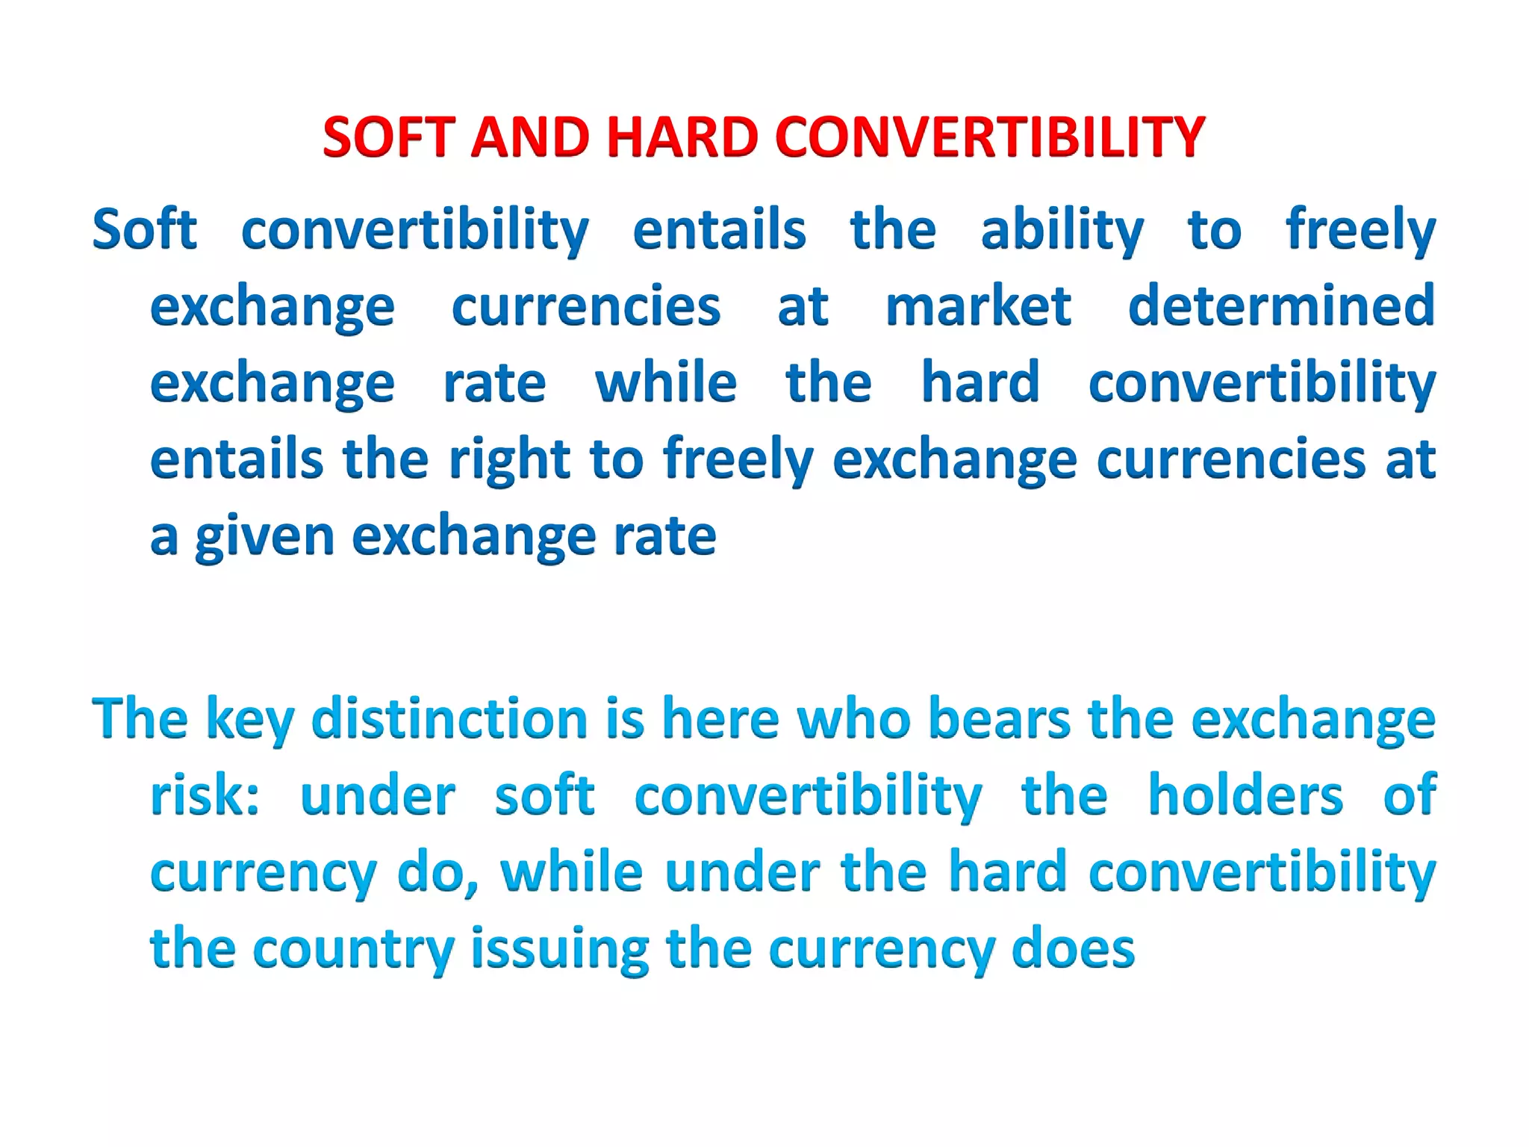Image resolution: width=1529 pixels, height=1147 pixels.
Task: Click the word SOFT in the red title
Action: (388, 137)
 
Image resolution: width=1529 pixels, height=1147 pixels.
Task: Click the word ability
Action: (1062, 231)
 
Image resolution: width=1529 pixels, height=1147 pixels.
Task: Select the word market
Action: (978, 306)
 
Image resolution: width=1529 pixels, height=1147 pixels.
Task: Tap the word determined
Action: (1281, 306)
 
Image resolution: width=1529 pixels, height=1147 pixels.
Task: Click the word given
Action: (264, 537)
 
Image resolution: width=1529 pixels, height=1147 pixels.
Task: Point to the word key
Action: (249, 720)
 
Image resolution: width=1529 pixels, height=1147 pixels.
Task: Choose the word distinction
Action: (449, 718)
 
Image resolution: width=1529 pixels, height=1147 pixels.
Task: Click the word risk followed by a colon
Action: (205, 795)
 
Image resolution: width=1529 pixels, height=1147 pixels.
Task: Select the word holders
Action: (1245, 795)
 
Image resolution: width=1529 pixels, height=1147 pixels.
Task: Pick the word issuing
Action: (560, 950)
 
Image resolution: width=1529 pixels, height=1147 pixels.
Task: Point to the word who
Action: (854, 718)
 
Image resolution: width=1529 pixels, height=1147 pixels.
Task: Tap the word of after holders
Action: (1410, 795)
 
